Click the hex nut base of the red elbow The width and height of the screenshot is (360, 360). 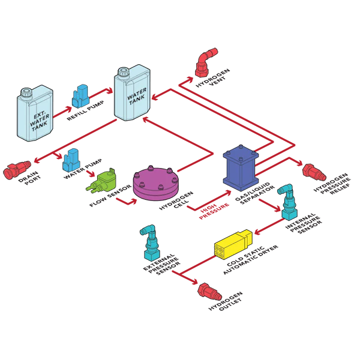point(202,73)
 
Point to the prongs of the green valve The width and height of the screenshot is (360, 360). point(92,188)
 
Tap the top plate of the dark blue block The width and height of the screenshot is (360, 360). point(241,153)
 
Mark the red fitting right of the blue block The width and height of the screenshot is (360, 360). point(313,172)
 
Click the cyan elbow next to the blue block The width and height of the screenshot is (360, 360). point(287,201)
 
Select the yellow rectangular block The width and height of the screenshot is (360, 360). point(235,244)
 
